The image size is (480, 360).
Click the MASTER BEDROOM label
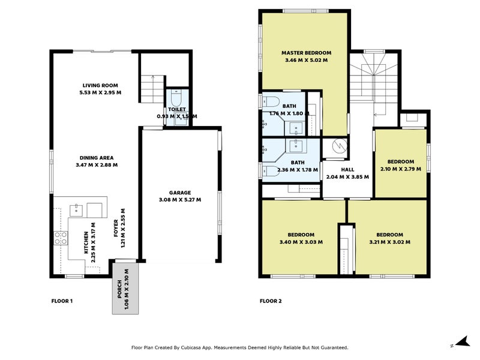306,53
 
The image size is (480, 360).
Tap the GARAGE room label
179,193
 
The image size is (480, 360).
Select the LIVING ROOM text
101,85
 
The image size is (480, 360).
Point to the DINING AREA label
97,158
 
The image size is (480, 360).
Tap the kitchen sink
76,209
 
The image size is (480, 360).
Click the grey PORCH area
124,288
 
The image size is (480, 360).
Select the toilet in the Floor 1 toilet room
176,98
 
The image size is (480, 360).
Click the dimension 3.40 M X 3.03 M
301,242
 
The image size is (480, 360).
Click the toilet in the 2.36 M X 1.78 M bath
267,170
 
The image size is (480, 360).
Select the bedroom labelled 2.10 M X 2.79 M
400,165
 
